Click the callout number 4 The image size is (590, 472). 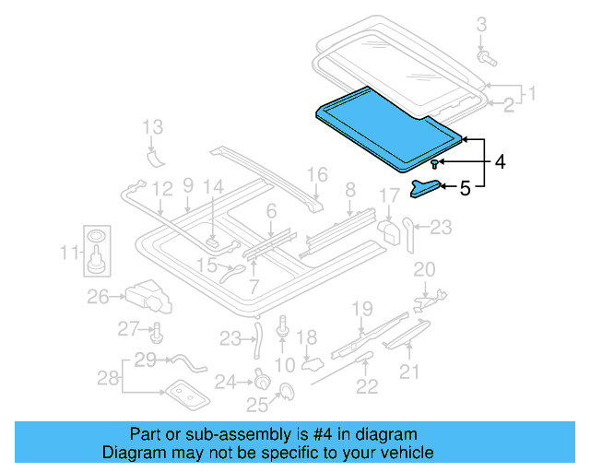pos(500,162)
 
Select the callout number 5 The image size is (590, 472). pos(465,188)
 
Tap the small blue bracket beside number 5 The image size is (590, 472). pos(426,188)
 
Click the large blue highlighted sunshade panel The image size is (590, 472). pos(387,129)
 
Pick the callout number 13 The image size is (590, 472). pos(153,126)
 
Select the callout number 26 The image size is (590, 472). pos(99,296)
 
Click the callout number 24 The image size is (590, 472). pos(225,380)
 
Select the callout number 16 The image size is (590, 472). pos(317,174)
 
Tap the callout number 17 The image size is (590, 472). pos(390,195)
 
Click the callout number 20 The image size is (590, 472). pos(423,269)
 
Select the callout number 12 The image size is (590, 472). pos(162,189)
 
